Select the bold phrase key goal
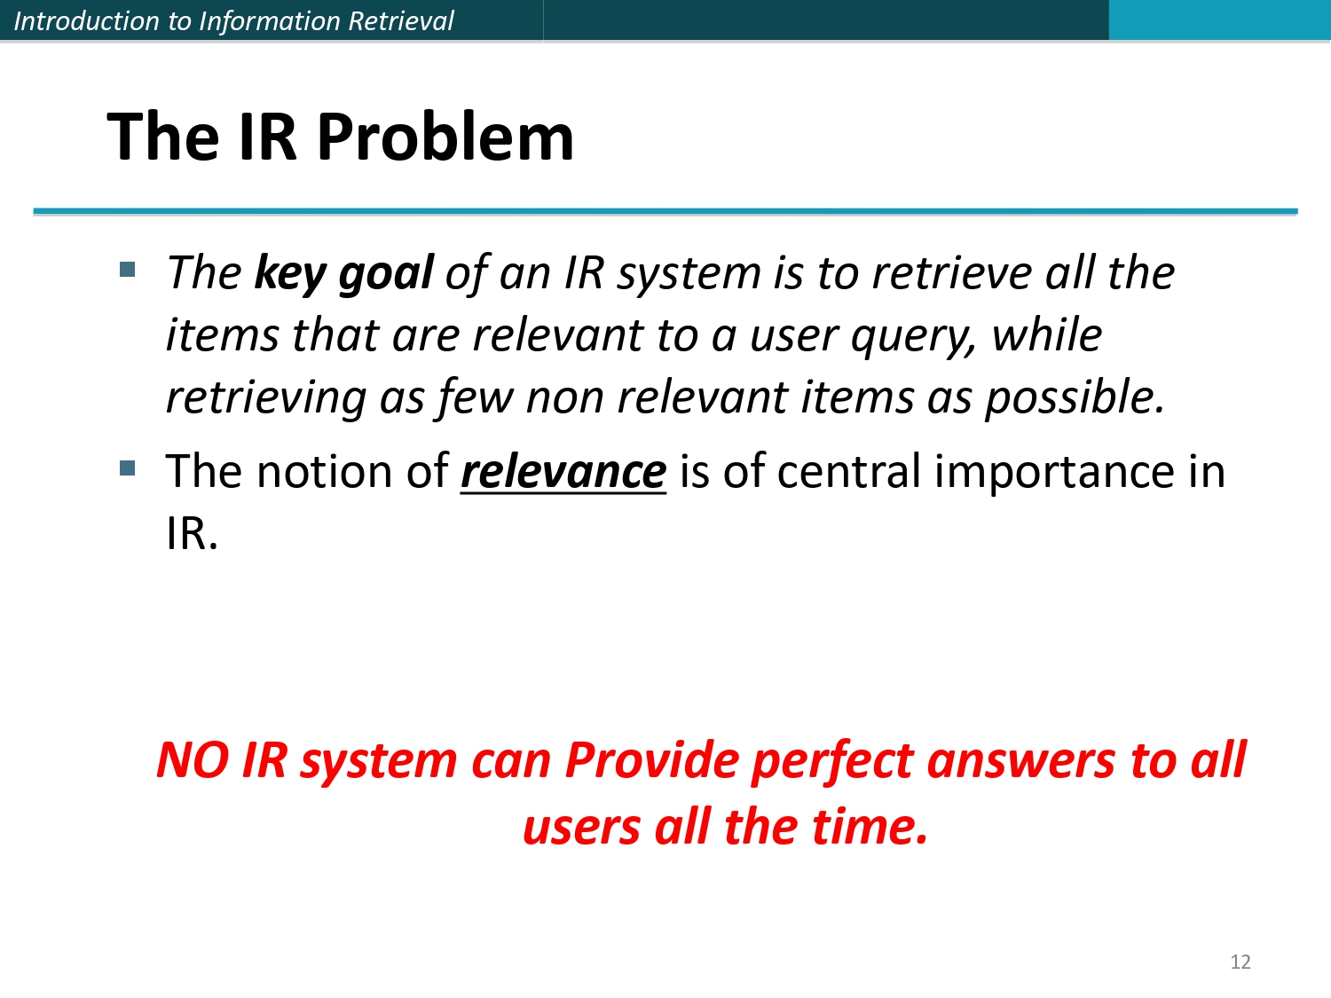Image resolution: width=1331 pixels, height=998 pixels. pyautogui.click(x=343, y=272)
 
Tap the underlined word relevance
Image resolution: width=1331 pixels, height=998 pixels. pyautogui.click(x=563, y=471)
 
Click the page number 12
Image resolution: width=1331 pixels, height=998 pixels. pyautogui.click(x=1240, y=962)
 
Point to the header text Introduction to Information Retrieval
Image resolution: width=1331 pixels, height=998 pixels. pyautogui.click(x=233, y=20)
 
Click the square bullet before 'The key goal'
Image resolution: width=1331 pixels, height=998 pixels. pyautogui.click(x=128, y=269)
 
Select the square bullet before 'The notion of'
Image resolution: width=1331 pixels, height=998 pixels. pyautogui.click(x=128, y=468)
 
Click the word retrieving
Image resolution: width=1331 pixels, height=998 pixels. pyautogui.click(x=266, y=397)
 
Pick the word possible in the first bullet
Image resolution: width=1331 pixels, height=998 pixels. pyautogui.click(x=1074, y=397)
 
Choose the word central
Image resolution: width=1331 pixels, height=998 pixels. pyautogui.click(x=848, y=471)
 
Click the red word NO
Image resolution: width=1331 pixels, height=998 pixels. pyautogui.click(x=193, y=760)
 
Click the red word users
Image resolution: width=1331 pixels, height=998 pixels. pyautogui.click(x=581, y=827)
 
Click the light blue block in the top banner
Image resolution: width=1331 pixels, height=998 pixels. pyautogui.click(x=1219, y=20)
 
